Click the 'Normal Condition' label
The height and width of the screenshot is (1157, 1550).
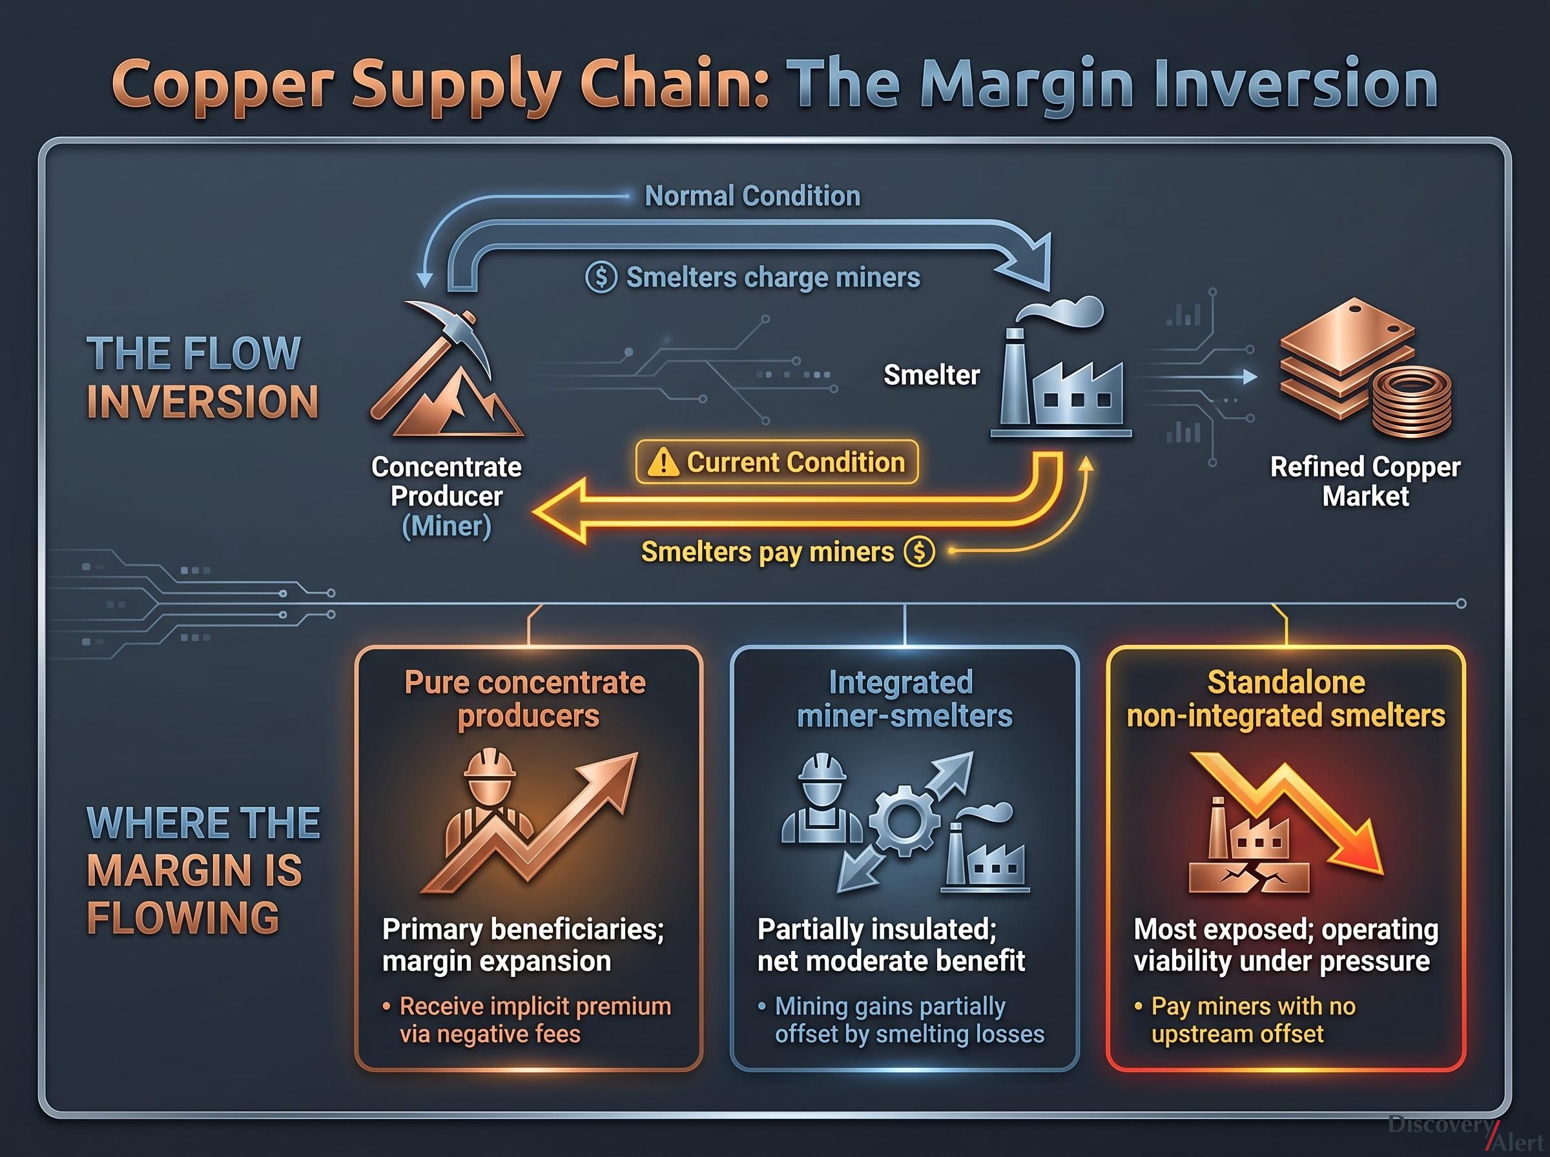pyautogui.click(x=752, y=196)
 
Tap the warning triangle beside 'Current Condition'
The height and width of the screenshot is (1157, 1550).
pyautogui.click(x=663, y=462)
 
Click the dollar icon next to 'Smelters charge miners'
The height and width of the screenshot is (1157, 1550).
pyautogui.click(x=601, y=278)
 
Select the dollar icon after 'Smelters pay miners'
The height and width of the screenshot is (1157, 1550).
pyautogui.click(x=920, y=552)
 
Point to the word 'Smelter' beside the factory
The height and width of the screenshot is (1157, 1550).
pyautogui.click(x=931, y=375)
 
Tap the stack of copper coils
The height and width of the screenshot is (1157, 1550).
pyautogui.click(x=1412, y=403)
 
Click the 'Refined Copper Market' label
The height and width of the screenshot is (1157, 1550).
pyautogui.click(x=1365, y=481)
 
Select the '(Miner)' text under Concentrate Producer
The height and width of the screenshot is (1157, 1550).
pyautogui.click(x=447, y=526)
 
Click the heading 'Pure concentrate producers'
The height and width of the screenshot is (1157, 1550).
pyautogui.click(x=526, y=699)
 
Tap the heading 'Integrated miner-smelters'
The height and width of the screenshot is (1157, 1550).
pyautogui.click(x=904, y=699)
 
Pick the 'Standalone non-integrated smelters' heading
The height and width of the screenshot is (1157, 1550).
pyautogui.click(x=1286, y=699)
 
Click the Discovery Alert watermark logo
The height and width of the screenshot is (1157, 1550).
pyautogui.click(x=1468, y=1132)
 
